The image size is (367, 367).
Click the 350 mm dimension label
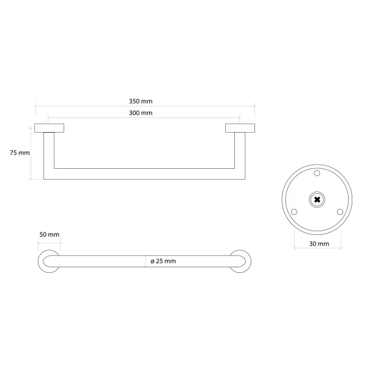pyautogui.click(x=141, y=102)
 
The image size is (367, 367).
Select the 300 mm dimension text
pyautogui.click(x=141, y=113)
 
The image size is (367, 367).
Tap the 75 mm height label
pyautogui.click(x=20, y=153)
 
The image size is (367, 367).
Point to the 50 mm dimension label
pyautogui.click(x=50, y=234)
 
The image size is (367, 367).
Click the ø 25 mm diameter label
pyautogui.click(x=163, y=261)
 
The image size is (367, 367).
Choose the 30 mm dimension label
pyautogui.click(x=319, y=244)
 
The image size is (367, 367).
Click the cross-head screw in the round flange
pyautogui.click(x=317, y=199)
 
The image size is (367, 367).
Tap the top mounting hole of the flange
pyautogui.click(x=317, y=173)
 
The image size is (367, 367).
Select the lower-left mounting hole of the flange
pyautogui.click(x=294, y=212)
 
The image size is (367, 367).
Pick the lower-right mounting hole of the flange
pyautogui.click(x=340, y=212)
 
